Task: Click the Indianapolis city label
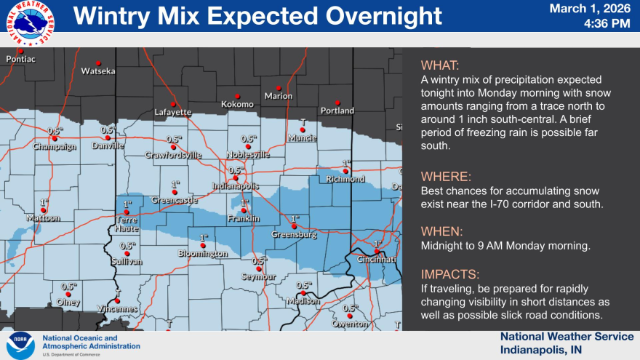(235, 185)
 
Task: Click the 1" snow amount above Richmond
(346, 164)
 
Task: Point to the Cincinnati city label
(377, 260)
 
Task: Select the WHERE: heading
(446, 177)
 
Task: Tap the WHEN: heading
(441, 231)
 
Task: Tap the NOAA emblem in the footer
(20, 345)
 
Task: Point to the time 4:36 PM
(607, 23)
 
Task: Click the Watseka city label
(98, 71)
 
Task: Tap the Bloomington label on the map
(203, 254)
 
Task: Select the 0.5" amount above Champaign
(55, 131)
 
